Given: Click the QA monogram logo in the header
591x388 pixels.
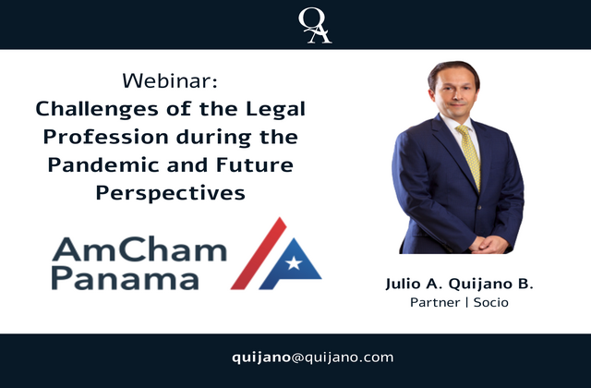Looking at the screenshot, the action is click(315, 26).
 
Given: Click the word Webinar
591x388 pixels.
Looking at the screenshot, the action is click(170, 80).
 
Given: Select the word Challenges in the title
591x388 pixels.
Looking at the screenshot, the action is click(97, 110).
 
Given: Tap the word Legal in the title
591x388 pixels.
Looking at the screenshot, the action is click(275, 109).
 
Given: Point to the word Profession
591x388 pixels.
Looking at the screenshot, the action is click(105, 137).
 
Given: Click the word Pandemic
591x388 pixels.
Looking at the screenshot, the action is click(103, 164).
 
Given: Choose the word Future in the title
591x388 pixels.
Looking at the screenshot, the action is click(255, 164).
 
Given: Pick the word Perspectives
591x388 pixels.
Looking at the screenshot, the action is click(170, 193).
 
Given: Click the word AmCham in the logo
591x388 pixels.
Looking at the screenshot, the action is click(139, 249).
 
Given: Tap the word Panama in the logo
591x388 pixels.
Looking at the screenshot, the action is click(125, 278).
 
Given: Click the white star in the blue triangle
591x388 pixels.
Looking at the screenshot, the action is click(294, 262).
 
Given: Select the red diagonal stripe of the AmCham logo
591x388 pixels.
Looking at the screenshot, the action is click(259, 253).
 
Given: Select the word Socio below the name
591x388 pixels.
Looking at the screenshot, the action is click(490, 302).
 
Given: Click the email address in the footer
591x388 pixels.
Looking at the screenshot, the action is click(312, 358).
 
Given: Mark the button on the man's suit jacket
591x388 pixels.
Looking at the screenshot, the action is click(479, 207).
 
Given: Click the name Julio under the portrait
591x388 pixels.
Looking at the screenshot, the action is click(403, 284).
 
